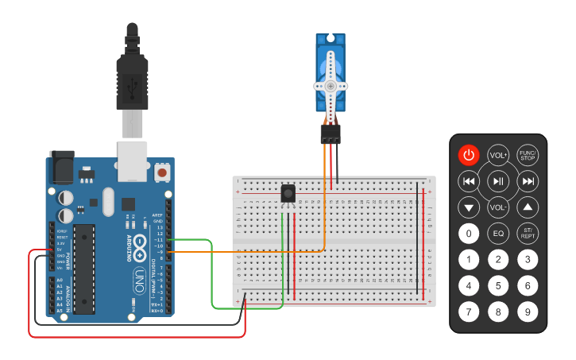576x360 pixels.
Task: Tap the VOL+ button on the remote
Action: coord(498,155)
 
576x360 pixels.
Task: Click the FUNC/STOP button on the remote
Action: coord(528,155)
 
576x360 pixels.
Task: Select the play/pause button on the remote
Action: coord(498,181)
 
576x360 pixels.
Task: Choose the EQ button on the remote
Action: coord(498,234)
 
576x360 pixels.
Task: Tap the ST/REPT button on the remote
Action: coord(528,234)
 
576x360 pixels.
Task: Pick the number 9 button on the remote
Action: coord(528,312)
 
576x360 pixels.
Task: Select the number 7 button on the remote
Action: coord(469,312)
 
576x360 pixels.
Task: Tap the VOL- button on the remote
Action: coord(498,207)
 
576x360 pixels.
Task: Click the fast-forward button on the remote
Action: coord(528,181)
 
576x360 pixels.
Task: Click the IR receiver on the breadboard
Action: coord(288,193)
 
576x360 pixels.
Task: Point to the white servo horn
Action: coord(331,86)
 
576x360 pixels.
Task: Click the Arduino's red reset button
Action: coord(163,172)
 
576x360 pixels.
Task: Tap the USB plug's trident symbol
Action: coord(132,81)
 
